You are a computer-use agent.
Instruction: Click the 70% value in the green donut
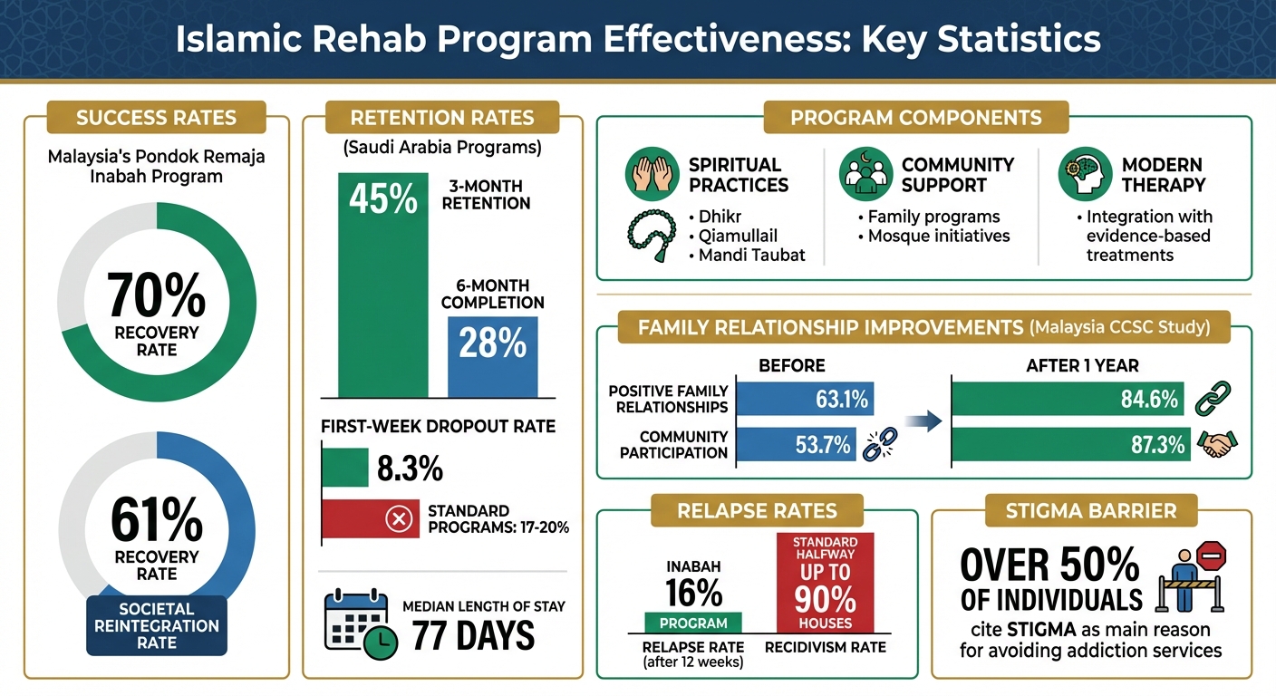(x=156, y=293)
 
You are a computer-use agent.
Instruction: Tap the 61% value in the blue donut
(x=156, y=519)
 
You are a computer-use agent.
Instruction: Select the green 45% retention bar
(x=382, y=285)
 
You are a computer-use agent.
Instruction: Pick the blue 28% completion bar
(x=492, y=355)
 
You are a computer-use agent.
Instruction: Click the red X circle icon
(x=399, y=519)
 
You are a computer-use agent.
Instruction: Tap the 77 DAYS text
(x=473, y=636)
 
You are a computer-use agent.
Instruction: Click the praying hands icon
(x=651, y=174)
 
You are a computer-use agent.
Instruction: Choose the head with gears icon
(x=1084, y=174)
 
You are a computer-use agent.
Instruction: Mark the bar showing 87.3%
(x=1070, y=444)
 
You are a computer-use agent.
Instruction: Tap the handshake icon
(x=1216, y=444)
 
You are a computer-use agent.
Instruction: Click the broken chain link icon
(x=877, y=445)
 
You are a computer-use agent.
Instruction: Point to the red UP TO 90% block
(x=826, y=581)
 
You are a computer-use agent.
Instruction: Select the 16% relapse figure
(x=693, y=592)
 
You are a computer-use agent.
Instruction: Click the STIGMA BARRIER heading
(x=1090, y=510)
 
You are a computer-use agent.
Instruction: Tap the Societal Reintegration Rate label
(x=157, y=625)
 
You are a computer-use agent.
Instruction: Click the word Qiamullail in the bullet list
(x=739, y=236)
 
